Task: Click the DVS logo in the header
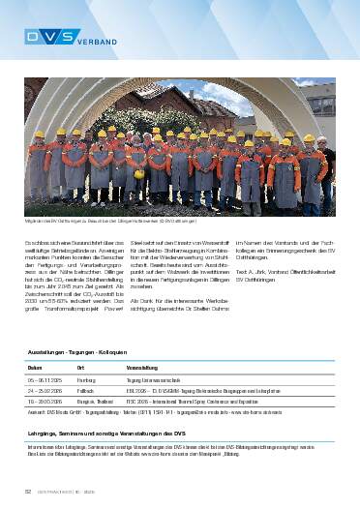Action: pyautogui.click(x=45, y=37)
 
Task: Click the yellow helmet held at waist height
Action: pyautogui.click(x=138, y=175)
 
